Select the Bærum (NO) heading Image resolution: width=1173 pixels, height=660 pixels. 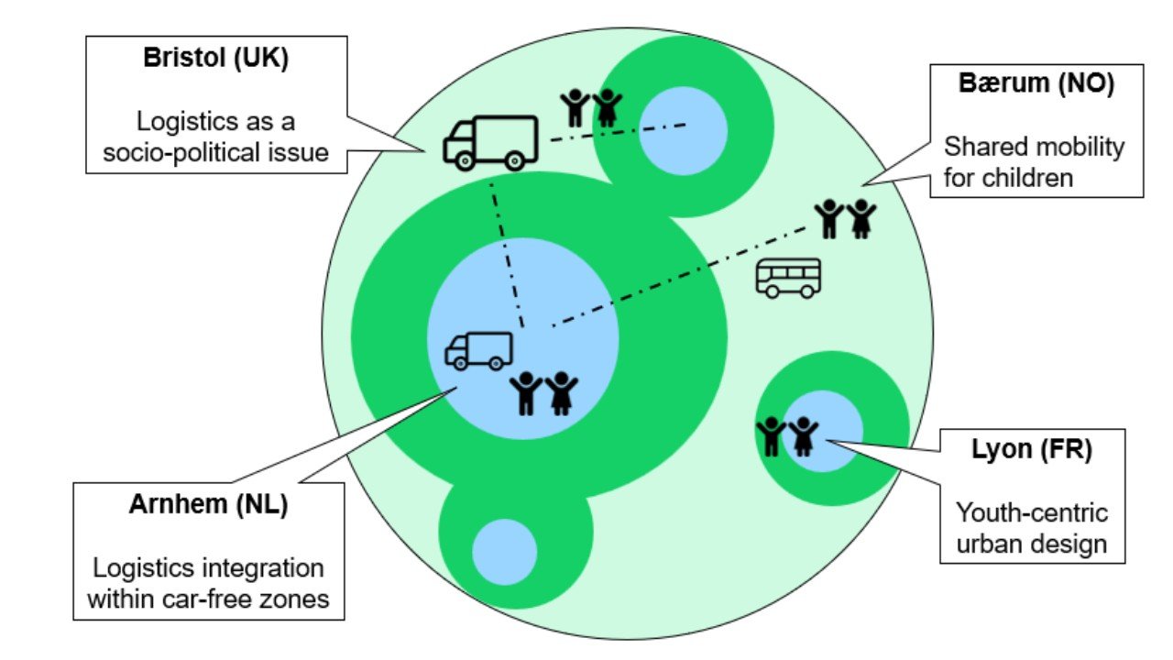tap(1036, 85)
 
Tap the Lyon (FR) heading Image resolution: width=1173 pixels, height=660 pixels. tap(1032, 451)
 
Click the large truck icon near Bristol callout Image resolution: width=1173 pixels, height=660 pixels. tap(489, 142)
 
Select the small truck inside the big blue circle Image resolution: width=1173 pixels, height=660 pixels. tap(478, 350)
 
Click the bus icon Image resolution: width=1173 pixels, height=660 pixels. tap(788, 278)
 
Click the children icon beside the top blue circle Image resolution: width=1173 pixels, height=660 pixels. tap(590, 108)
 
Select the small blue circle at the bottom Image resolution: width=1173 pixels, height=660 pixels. tap(504, 551)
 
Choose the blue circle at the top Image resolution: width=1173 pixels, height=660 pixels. tap(683, 131)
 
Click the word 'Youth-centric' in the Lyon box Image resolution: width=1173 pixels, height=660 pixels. tap(1032, 512)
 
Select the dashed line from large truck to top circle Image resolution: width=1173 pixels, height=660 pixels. tap(619, 133)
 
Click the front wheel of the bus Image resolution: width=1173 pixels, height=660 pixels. tap(773, 291)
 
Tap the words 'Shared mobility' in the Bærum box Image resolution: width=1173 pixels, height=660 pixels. tap(1035, 147)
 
